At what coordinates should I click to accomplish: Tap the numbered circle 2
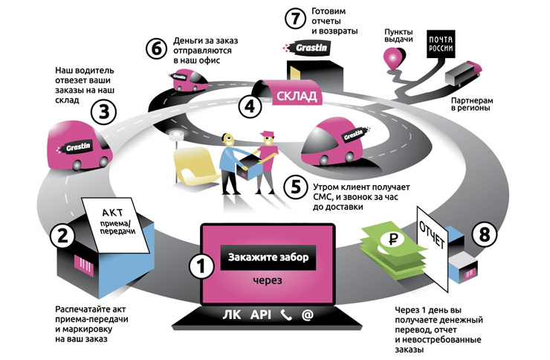pyautogui.click(x=62, y=237)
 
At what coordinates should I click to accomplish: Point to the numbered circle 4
pyautogui.click(x=252, y=106)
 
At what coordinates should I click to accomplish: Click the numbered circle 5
pyautogui.click(x=297, y=185)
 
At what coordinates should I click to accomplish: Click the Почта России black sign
pyautogui.click(x=438, y=45)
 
